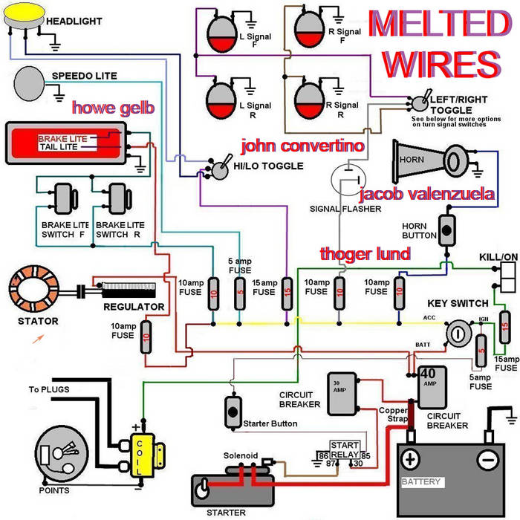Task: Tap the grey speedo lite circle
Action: point(30,80)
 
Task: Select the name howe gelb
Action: point(112,108)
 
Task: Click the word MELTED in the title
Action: point(436,25)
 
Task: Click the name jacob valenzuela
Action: point(426,195)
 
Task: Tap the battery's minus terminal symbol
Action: point(489,460)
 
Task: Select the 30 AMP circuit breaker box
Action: point(341,393)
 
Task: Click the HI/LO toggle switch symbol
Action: point(220,168)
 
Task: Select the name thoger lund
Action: point(365,253)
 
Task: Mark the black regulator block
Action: point(129,287)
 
